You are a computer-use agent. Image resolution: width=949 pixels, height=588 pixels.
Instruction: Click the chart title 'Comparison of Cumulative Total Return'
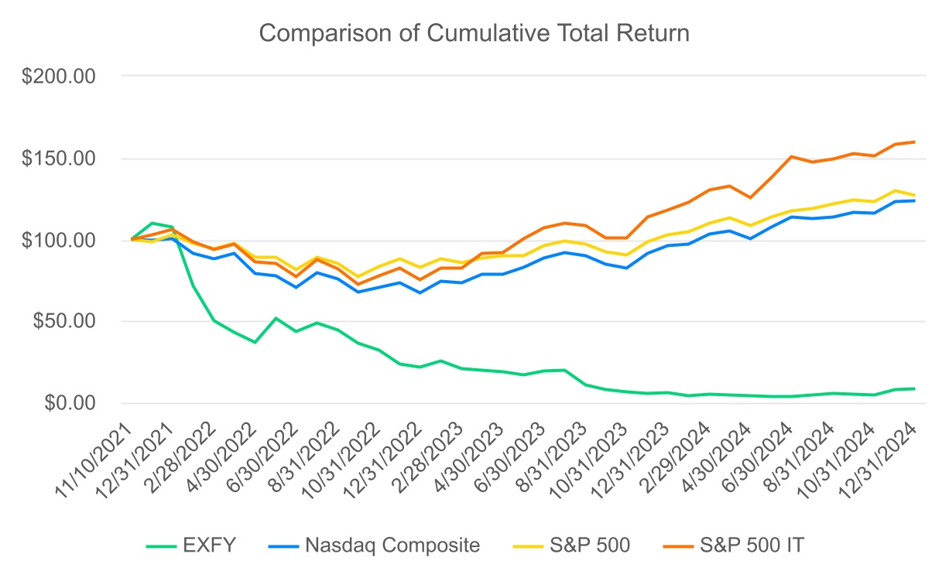click(474, 34)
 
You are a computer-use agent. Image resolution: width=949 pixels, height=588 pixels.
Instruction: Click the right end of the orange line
click(914, 142)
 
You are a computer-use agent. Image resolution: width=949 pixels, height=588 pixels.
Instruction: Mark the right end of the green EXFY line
click(914, 388)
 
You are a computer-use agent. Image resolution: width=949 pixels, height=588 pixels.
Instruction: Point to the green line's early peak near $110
click(152, 223)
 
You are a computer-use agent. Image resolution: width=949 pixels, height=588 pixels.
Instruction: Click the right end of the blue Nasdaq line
click(914, 200)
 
